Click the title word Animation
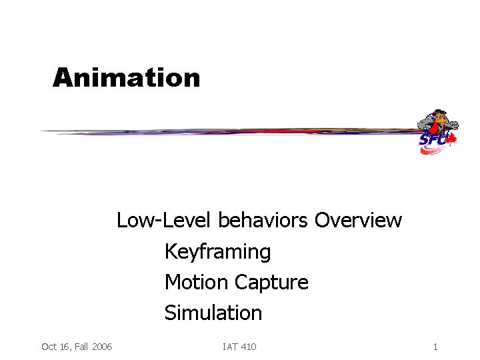[x=127, y=78]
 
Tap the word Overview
[x=358, y=220]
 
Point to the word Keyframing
[x=217, y=252]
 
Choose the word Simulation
[x=213, y=313]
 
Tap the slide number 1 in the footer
[x=435, y=347]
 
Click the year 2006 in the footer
[x=101, y=347]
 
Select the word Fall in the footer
[x=81, y=347]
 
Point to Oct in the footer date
[x=49, y=347]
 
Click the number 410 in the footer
[x=247, y=347]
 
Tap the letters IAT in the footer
[x=230, y=347]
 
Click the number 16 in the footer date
[x=64, y=347]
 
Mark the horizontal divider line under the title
[x=227, y=131]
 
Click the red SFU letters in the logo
[x=432, y=140]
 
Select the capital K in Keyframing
[x=170, y=252]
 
